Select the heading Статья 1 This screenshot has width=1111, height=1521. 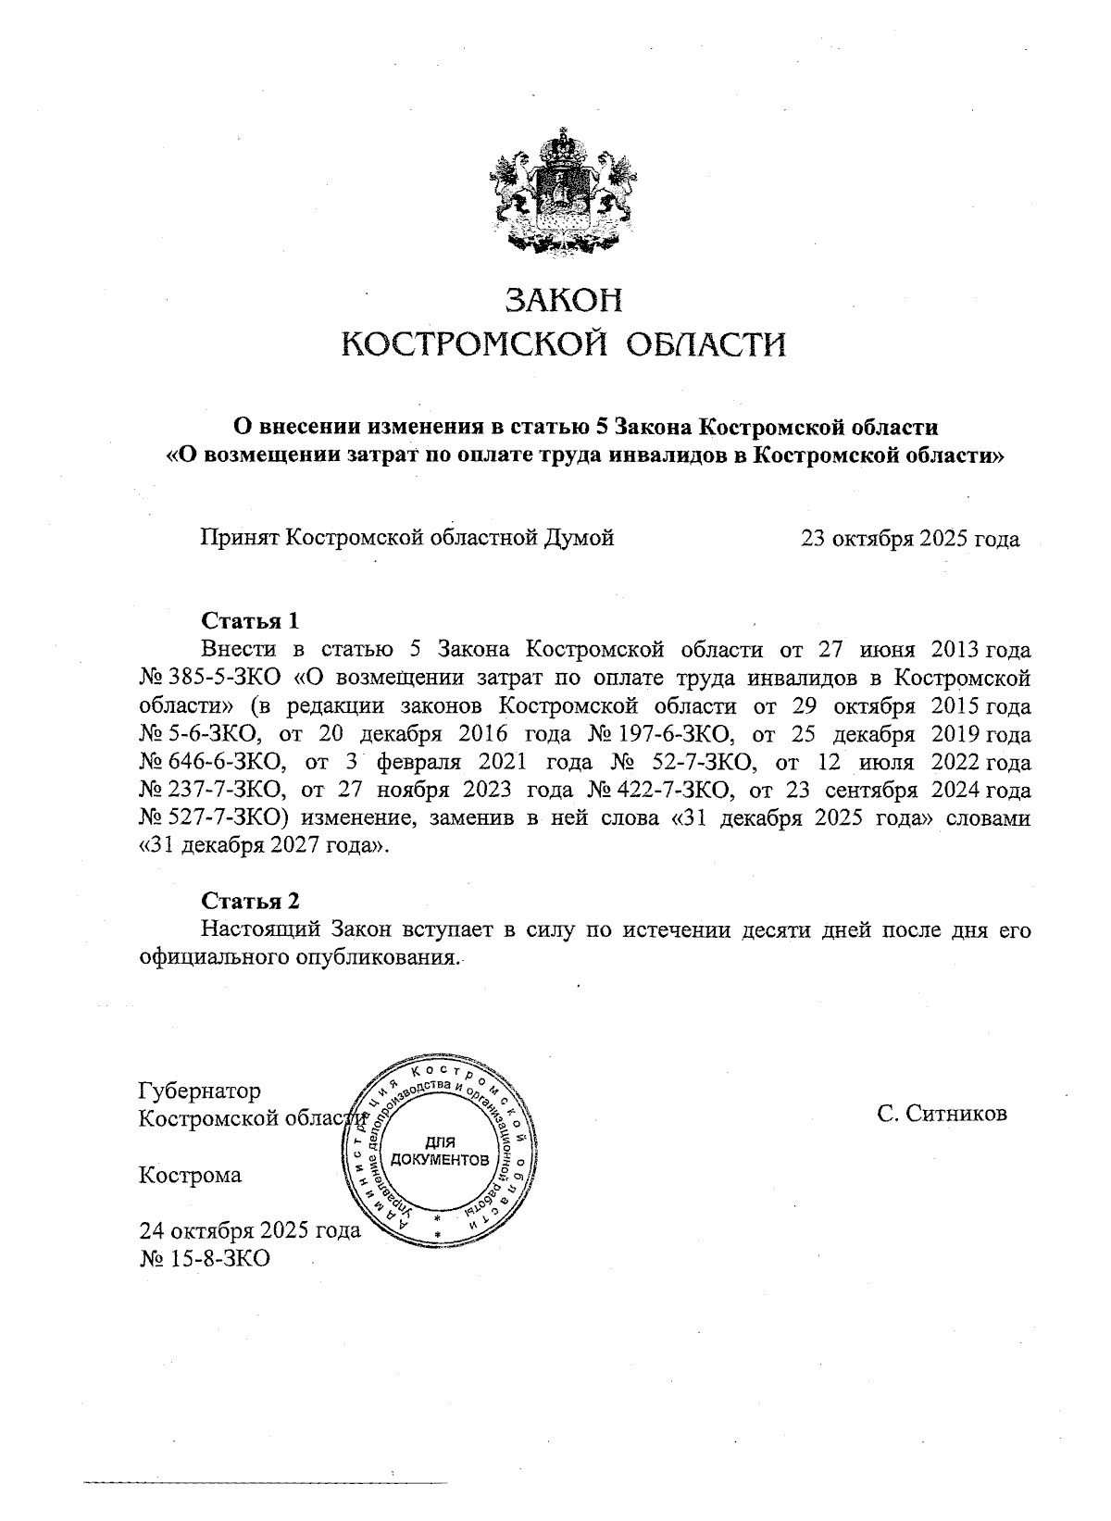coord(251,619)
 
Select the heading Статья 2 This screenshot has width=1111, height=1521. coord(251,900)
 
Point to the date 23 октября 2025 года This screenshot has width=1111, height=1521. coord(910,539)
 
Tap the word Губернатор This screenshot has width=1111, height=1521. coord(199,1091)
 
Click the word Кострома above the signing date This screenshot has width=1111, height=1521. coord(189,1176)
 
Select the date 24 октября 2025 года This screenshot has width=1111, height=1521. coord(248,1232)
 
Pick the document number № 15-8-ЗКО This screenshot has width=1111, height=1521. coord(204,1259)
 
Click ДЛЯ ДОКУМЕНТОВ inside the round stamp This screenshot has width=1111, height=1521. coord(440,1152)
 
